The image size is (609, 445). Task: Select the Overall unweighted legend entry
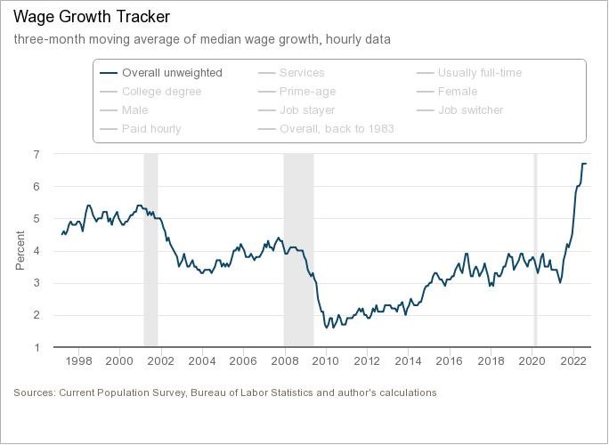[x=172, y=72]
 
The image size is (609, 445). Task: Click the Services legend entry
[x=302, y=72]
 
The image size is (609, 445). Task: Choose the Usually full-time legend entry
[x=479, y=72]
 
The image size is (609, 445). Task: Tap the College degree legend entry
[x=161, y=91]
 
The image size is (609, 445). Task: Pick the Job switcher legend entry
[x=470, y=109]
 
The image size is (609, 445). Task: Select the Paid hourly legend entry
[x=151, y=128]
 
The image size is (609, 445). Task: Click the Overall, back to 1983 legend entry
[x=337, y=128]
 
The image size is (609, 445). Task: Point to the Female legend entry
[x=458, y=91]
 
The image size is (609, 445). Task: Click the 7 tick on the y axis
[x=37, y=154]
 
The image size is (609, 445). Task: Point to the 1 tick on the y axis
[x=37, y=347]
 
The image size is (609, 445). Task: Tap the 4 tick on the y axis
[x=37, y=251]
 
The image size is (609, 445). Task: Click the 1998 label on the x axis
[x=79, y=361]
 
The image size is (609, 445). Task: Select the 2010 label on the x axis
[x=326, y=361]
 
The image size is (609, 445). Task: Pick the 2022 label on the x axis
[x=572, y=361]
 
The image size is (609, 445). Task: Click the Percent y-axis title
[x=20, y=251]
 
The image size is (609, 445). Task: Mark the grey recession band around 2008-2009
[x=298, y=250]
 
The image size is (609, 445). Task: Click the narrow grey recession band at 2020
[x=535, y=250]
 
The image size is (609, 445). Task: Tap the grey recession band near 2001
[x=150, y=250]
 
